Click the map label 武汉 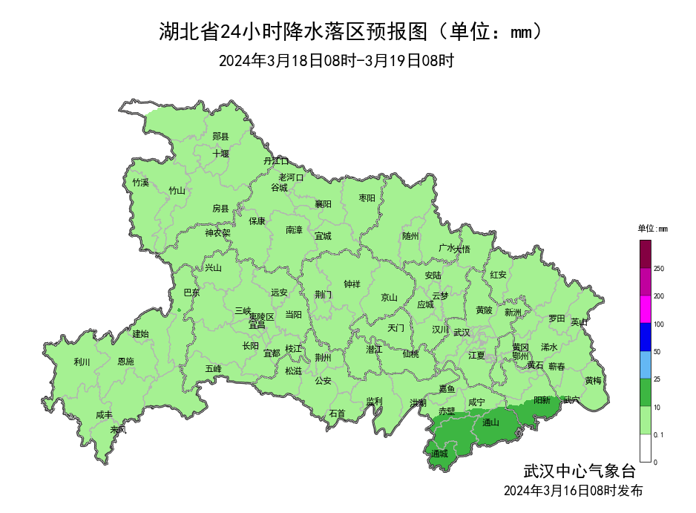(461, 332)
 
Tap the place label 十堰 (220, 154)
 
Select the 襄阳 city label (323, 203)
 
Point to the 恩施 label (126, 362)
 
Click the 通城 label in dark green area (439, 453)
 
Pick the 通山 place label (490, 423)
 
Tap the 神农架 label (217, 232)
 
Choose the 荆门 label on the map (323, 294)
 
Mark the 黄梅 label (593, 380)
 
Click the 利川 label (82, 362)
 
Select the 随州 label (410, 236)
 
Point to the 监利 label (374, 401)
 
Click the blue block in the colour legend (646, 337)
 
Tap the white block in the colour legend (646, 448)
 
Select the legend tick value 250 (659, 269)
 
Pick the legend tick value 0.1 (659, 434)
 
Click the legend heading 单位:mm (653, 229)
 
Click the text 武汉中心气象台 (580, 471)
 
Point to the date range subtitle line (336, 61)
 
